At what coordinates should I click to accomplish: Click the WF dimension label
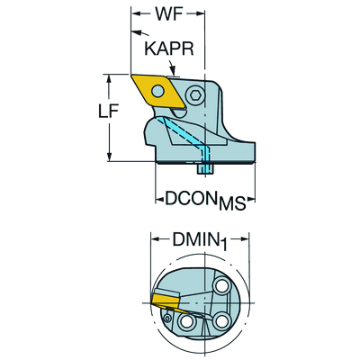[168, 13]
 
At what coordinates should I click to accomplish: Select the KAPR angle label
[169, 49]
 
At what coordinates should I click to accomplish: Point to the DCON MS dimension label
[205, 201]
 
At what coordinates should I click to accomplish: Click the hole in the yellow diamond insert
[157, 91]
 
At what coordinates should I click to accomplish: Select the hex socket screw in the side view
[195, 96]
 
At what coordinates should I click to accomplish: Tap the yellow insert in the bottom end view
[166, 301]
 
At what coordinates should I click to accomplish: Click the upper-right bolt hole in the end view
[223, 286]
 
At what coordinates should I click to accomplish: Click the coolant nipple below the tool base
[205, 168]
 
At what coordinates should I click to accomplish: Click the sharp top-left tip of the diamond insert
[131, 75]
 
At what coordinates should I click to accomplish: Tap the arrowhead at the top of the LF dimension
[109, 79]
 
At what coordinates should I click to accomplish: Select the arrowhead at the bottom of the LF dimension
[109, 157]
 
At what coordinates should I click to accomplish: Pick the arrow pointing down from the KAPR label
[171, 67]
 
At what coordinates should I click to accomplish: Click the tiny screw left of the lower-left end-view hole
[167, 318]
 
